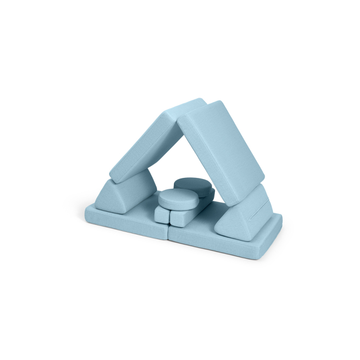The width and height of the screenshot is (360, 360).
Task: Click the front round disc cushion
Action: coord(175,197)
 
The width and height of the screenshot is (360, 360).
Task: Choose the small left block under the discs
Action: coord(160,215)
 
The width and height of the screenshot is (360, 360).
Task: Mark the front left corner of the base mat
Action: coord(87,212)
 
